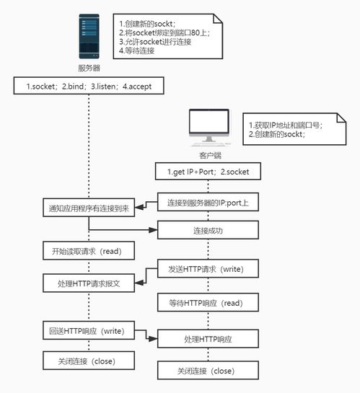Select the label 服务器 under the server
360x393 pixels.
pos(89,69)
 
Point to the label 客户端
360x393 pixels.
pos(208,155)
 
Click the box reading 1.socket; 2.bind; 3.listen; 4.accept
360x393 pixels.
pos(89,87)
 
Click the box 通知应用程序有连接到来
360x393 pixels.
pos(89,209)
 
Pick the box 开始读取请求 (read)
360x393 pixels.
pos(89,252)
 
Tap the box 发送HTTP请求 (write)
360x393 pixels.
pos(208,270)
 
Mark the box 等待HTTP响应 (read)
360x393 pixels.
pos(208,304)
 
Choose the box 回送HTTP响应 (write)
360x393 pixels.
pos(89,331)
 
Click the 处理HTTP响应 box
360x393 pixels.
pos(208,338)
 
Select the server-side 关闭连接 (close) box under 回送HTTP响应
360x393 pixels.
pos(89,360)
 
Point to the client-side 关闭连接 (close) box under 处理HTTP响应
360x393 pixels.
pos(208,371)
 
